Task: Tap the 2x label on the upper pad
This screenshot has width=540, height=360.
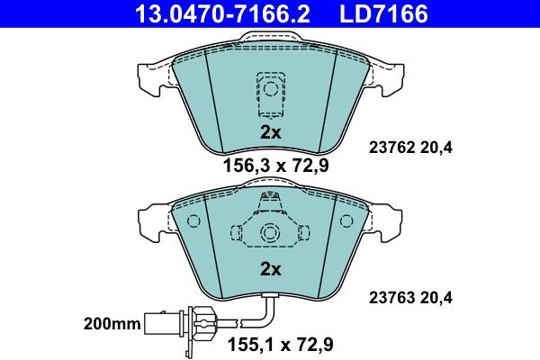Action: tap(271, 132)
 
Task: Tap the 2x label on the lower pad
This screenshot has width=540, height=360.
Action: tap(271, 268)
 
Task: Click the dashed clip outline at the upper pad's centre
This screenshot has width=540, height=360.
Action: tap(269, 93)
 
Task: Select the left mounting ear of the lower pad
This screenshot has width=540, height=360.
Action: tap(153, 219)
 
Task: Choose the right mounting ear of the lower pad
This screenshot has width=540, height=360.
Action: tap(385, 219)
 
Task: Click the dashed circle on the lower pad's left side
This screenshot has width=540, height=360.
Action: tap(191, 221)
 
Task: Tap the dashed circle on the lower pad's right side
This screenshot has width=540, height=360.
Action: tap(347, 221)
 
